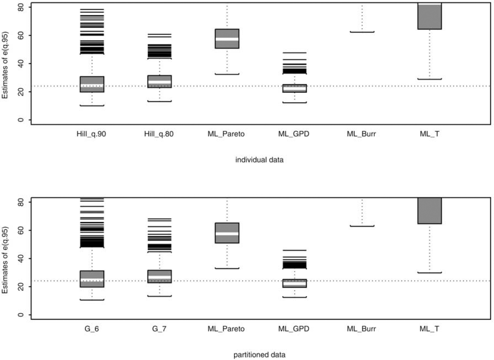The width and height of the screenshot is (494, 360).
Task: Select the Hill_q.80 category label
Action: [x=159, y=134]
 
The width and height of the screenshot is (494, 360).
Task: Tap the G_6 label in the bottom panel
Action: [x=92, y=329]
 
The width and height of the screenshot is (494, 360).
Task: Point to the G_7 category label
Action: [x=159, y=329]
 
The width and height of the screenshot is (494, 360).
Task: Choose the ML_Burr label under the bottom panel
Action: [x=362, y=329]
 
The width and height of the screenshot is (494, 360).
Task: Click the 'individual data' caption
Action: [x=259, y=160]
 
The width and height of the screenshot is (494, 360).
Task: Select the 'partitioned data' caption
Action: [x=259, y=355]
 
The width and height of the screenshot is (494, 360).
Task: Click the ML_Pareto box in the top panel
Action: [x=227, y=39]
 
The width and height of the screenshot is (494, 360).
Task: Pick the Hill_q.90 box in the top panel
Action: [x=92, y=84]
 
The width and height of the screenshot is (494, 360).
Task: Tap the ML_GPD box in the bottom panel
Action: [x=294, y=283]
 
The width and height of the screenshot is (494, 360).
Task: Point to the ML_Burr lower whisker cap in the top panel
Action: [x=362, y=31]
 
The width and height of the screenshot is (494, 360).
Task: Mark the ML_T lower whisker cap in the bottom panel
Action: [x=429, y=273]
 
